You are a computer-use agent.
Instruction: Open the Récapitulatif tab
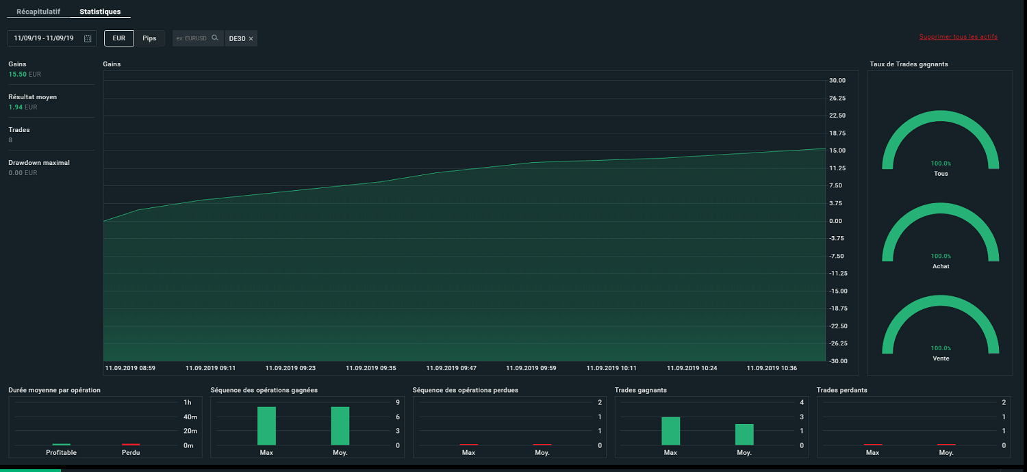pyautogui.click(x=38, y=12)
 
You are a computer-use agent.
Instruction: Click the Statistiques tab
pyautogui.click(x=100, y=12)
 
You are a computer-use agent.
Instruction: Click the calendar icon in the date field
pyautogui.click(x=88, y=38)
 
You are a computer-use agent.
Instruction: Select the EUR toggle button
pyautogui.click(x=118, y=38)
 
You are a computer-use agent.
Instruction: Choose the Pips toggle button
pyautogui.click(x=149, y=38)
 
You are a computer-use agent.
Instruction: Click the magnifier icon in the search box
pyautogui.click(x=214, y=38)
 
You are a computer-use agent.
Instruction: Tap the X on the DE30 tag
pyautogui.click(x=251, y=39)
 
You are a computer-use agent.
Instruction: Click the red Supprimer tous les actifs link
pyautogui.click(x=959, y=37)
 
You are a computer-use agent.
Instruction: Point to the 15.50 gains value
pyautogui.click(x=17, y=75)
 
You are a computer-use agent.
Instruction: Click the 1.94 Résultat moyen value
pyautogui.click(x=16, y=107)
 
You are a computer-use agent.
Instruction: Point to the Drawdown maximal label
pyautogui.click(x=39, y=163)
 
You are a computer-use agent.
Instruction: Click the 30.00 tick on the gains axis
pyautogui.click(x=837, y=81)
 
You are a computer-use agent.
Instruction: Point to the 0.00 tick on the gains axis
pyautogui.click(x=835, y=221)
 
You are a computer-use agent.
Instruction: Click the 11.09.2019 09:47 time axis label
pyautogui.click(x=451, y=368)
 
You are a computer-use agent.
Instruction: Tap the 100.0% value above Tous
pyautogui.click(x=941, y=163)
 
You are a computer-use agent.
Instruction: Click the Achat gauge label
pyautogui.click(x=941, y=266)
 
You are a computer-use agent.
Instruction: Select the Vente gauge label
pyautogui.click(x=941, y=358)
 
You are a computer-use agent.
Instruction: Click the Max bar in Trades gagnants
pyautogui.click(x=671, y=431)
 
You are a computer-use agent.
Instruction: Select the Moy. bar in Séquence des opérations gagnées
pyautogui.click(x=340, y=426)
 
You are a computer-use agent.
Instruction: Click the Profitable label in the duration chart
pyautogui.click(x=61, y=453)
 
